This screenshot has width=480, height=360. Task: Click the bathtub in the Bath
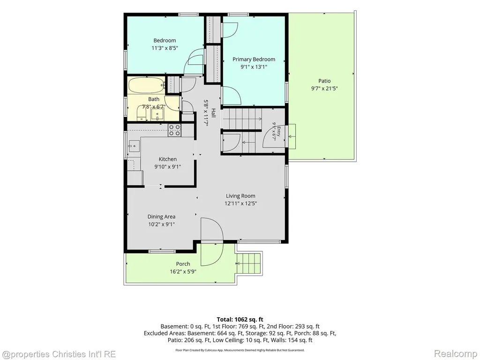(146, 85)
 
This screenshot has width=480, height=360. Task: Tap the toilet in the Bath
(141, 113)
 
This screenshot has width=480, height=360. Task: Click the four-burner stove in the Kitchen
(174, 130)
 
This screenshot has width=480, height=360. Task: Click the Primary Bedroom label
(254, 60)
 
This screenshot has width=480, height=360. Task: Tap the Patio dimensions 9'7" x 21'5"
(324, 89)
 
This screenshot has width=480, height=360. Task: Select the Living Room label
(240, 196)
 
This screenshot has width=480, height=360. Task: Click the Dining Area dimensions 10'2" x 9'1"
(161, 224)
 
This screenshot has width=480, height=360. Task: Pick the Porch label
(183, 264)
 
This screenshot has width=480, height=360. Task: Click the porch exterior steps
(249, 263)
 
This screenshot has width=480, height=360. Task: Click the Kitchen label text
(168, 159)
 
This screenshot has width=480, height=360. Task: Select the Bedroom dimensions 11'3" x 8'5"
(165, 48)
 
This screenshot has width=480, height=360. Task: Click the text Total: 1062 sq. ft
(240, 320)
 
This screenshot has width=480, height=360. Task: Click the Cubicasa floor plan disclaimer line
(240, 350)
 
